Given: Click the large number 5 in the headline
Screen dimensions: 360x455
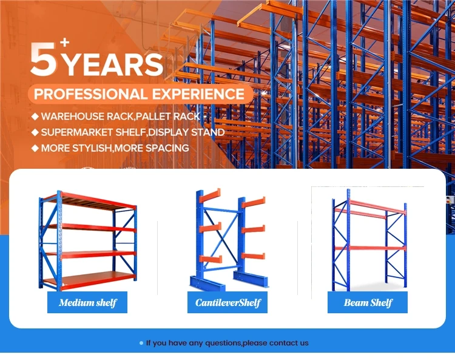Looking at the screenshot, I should click(43, 59).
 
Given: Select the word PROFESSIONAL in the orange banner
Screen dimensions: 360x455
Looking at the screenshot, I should click(90, 94).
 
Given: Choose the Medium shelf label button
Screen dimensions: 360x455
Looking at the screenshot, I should click(87, 302).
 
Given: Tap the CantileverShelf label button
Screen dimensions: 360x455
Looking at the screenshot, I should click(227, 302).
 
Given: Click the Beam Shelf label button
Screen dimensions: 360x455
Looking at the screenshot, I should click(368, 302).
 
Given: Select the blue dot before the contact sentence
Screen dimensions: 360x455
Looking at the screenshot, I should click(141, 343).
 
